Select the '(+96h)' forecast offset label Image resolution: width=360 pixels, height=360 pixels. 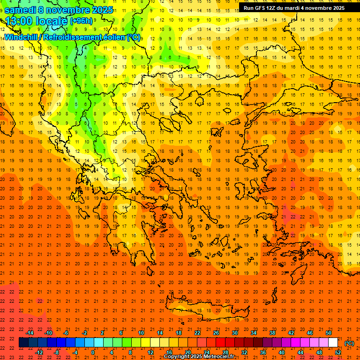[81, 21]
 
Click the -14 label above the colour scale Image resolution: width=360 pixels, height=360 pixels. [30, 333]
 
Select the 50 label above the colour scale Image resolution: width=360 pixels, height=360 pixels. [329, 333]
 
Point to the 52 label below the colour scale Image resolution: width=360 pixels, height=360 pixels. [338, 352]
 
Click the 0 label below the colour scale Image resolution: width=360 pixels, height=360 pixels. [93, 352]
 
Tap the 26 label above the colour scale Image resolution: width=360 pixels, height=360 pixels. [216, 333]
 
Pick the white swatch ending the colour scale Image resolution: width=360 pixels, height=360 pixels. [333, 343]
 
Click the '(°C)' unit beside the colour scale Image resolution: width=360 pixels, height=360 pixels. [350, 343]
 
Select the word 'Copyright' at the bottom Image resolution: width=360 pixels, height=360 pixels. [177, 357]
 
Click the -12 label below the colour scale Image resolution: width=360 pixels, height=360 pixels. [39, 352]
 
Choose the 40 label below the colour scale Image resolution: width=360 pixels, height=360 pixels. [282, 352]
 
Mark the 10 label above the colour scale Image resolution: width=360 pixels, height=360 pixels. [141, 333]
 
